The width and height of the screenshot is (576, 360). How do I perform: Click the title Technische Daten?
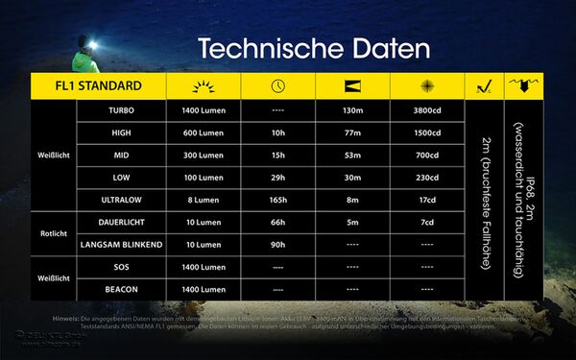(314, 47)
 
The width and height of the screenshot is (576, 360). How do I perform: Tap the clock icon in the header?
(278, 86)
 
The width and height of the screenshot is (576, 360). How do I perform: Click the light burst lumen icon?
(204, 86)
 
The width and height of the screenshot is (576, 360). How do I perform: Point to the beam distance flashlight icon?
(352, 86)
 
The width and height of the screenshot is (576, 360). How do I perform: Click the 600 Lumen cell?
(204, 133)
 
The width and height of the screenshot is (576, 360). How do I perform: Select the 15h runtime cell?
(278, 156)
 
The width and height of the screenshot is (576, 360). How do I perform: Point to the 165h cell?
(278, 200)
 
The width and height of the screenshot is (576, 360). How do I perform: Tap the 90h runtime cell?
(278, 244)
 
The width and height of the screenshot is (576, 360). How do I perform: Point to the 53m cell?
(352, 156)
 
